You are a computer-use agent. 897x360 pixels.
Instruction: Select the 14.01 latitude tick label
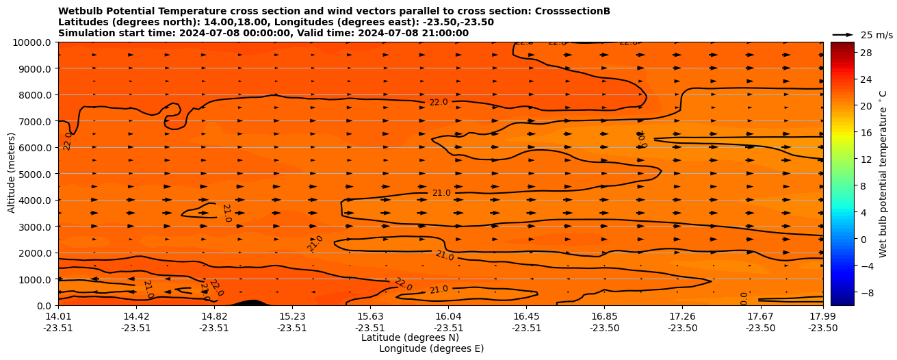point(58,316)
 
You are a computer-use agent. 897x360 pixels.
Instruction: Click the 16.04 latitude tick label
point(449,316)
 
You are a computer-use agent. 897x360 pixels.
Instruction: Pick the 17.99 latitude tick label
point(822,316)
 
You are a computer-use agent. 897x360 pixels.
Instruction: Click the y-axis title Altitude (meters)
point(12,174)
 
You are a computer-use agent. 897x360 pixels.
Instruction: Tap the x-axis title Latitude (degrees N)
point(410,337)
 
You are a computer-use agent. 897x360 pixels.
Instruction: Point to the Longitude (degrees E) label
point(431,348)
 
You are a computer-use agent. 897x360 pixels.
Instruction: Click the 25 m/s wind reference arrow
point(843,35)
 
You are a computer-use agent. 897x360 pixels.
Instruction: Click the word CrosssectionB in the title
point(564,11)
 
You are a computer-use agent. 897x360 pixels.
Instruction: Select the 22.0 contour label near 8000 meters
point(439,102)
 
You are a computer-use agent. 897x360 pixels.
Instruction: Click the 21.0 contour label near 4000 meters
point(441,193)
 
